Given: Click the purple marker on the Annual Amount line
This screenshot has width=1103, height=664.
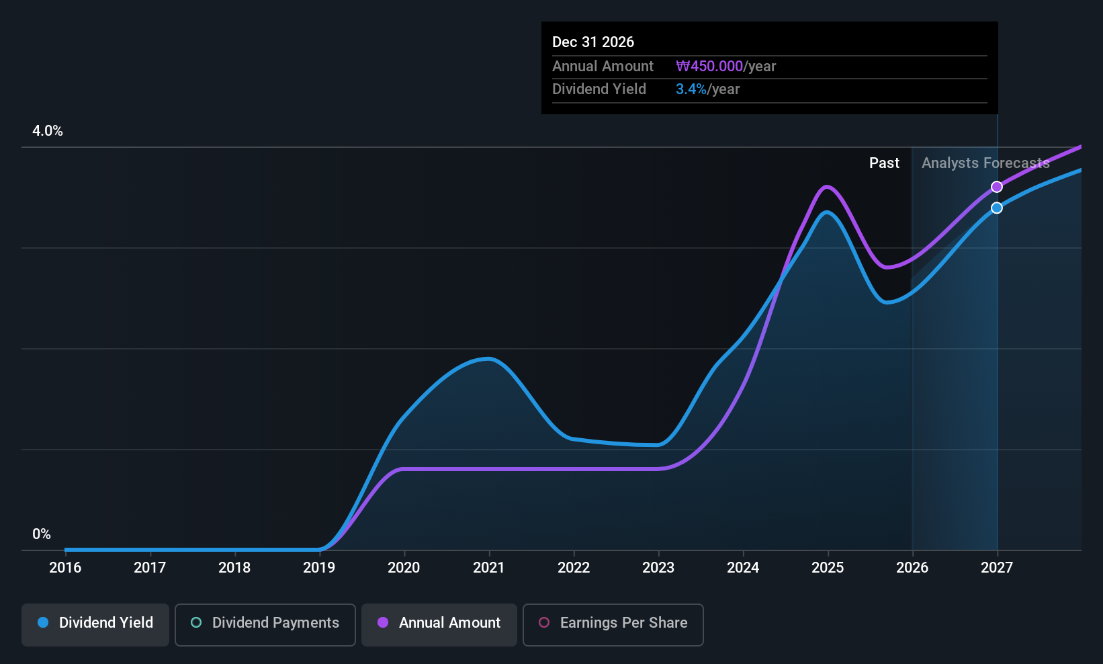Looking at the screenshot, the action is click(x=997, y=187).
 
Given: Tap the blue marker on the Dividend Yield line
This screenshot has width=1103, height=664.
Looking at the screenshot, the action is click(x=997, y=208).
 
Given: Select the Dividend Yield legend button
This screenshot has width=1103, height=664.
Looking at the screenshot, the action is click(x=95, y=624).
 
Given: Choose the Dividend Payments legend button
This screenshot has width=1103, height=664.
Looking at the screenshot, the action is click(x=265, y=624).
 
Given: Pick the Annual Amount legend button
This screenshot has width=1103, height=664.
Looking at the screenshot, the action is click(x=439, y=624).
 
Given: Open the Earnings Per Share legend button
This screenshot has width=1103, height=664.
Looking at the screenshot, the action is click(x=613, y=624).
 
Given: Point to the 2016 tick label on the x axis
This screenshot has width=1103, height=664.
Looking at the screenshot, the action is click(x=65, y=567).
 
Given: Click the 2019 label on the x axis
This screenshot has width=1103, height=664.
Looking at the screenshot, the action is click(x=319, y=567).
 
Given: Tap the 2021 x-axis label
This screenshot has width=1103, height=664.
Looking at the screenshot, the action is click(x=488, y=567).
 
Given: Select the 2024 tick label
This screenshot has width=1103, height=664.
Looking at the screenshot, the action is click(x=743, y=567).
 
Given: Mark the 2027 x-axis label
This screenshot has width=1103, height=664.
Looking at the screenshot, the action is click(x=997, y=567).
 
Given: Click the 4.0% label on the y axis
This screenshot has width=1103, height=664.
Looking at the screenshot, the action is click(x=47, y=131).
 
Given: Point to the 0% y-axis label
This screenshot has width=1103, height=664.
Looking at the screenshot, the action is click(x=42, y=534).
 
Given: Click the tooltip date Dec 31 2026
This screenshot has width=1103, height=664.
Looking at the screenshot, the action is click(x=593, y=42).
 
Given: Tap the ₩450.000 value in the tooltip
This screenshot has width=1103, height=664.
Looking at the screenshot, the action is click(x=709, y=66).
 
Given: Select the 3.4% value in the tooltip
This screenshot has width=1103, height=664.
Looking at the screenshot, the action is click(x=691, y=89).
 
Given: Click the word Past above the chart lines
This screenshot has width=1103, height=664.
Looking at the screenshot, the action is click(x=884, y=163).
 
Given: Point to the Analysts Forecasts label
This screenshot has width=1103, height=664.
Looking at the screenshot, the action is click(x=985, y=163).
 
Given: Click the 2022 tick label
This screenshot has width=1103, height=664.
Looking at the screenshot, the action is click(x=574, y=567).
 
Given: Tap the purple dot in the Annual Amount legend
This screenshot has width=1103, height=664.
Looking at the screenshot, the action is click(x=383, y=622).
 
